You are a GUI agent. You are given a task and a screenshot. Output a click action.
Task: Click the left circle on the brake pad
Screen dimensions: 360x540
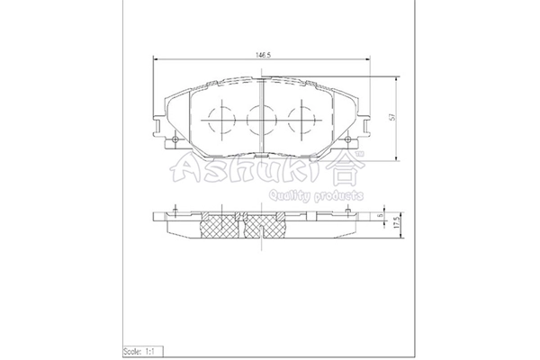(x=219, y=115)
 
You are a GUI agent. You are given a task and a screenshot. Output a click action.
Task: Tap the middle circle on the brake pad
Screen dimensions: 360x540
(x=260, y=115)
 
